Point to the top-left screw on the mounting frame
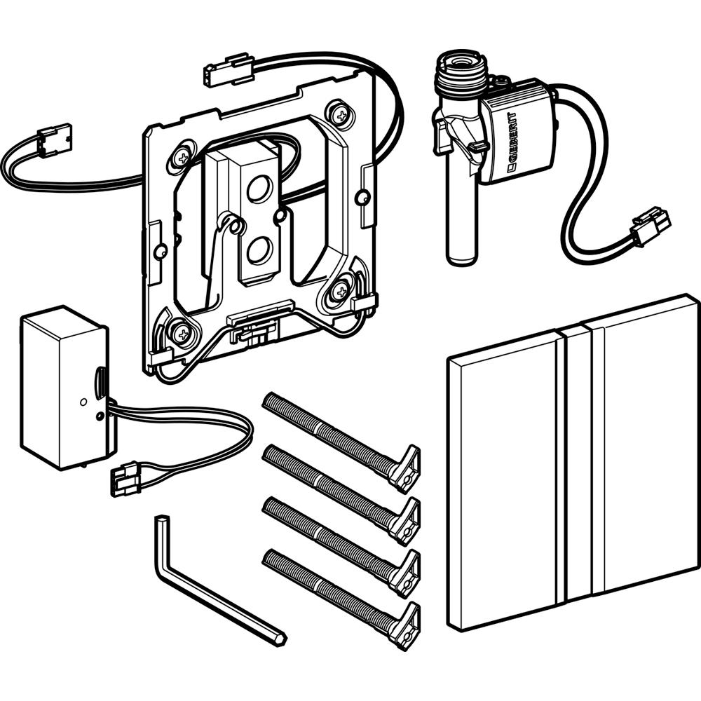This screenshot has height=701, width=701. (x=183, y=156)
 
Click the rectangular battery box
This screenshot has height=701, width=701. (x=64, y=387)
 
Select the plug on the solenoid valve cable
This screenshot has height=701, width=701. (x=651, y=226)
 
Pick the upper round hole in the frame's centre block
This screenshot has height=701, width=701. (x=258, y=188)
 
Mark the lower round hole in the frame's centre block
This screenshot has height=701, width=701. (x=258, y=250)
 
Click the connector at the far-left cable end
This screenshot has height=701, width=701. (x=55, y=139)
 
